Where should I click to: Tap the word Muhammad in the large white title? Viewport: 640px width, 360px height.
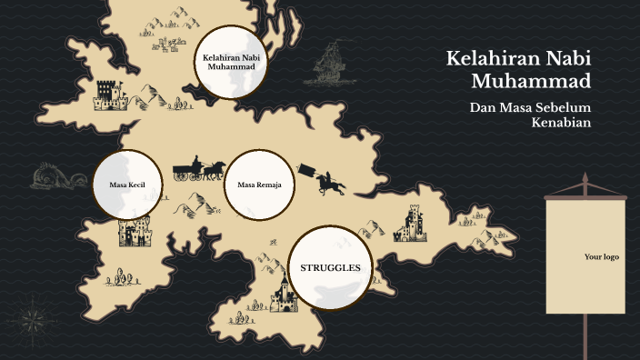(x=532, y=81)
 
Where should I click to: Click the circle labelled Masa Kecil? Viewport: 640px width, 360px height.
(x=128, y=185)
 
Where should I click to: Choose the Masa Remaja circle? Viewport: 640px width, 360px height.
(x=259, y=185)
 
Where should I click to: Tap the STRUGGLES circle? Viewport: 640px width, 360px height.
(x=330, y=268)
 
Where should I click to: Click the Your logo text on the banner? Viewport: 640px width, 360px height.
(x=601, y=257)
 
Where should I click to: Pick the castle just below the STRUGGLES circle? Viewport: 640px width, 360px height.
(x=285, y=295)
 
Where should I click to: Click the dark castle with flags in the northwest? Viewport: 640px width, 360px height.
(x=108, y=94)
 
